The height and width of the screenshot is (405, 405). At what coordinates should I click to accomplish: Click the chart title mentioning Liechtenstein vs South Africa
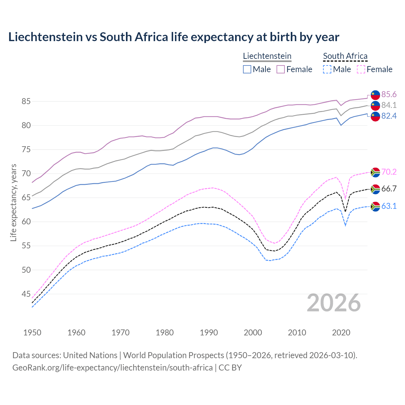click(x=174, y=37)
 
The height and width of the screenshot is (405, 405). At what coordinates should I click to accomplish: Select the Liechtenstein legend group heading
click(x=267, y=56)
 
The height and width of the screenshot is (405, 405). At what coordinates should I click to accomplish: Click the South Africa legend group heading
click(x=345, y=56)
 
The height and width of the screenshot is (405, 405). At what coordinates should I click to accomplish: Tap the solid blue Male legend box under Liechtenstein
click(x=247, y=69)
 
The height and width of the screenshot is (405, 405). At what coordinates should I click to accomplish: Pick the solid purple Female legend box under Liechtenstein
click(x=281, y=69)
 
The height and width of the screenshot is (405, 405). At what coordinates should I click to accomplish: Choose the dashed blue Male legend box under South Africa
click(x=327, y=69)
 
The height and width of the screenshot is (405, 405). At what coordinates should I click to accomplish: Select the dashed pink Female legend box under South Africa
click(x=361, y=69)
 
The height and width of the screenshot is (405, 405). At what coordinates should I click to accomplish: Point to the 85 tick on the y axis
click(x=26, y=102)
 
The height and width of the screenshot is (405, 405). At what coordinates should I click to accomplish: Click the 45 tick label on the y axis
click(x=26, y=294)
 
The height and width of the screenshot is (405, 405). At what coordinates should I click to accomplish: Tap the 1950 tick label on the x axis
click(x=32, y=333)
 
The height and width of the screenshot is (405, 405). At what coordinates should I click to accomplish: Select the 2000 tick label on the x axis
click(x=253, y=333)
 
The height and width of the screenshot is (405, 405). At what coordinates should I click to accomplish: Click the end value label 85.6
click(x=389, y=95)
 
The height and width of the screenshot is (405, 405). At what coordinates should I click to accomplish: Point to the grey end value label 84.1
click(x=389, y=105)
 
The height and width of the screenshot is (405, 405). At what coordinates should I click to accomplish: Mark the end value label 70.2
click(x=389, y=172)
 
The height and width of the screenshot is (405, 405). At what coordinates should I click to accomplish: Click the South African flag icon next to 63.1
click(x=375, y=206)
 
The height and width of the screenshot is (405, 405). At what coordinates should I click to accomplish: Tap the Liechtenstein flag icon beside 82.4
click(x=375, y=116)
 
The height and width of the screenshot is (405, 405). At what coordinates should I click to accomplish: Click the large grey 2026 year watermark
click(x=333, y=303)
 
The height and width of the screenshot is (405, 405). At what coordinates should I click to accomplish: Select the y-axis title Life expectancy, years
click(x=13, y=202)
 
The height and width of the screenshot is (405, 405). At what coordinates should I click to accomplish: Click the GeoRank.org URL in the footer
click(x=112, y=368)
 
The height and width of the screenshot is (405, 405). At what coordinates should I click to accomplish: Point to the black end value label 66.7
click(x=389, y=189)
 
